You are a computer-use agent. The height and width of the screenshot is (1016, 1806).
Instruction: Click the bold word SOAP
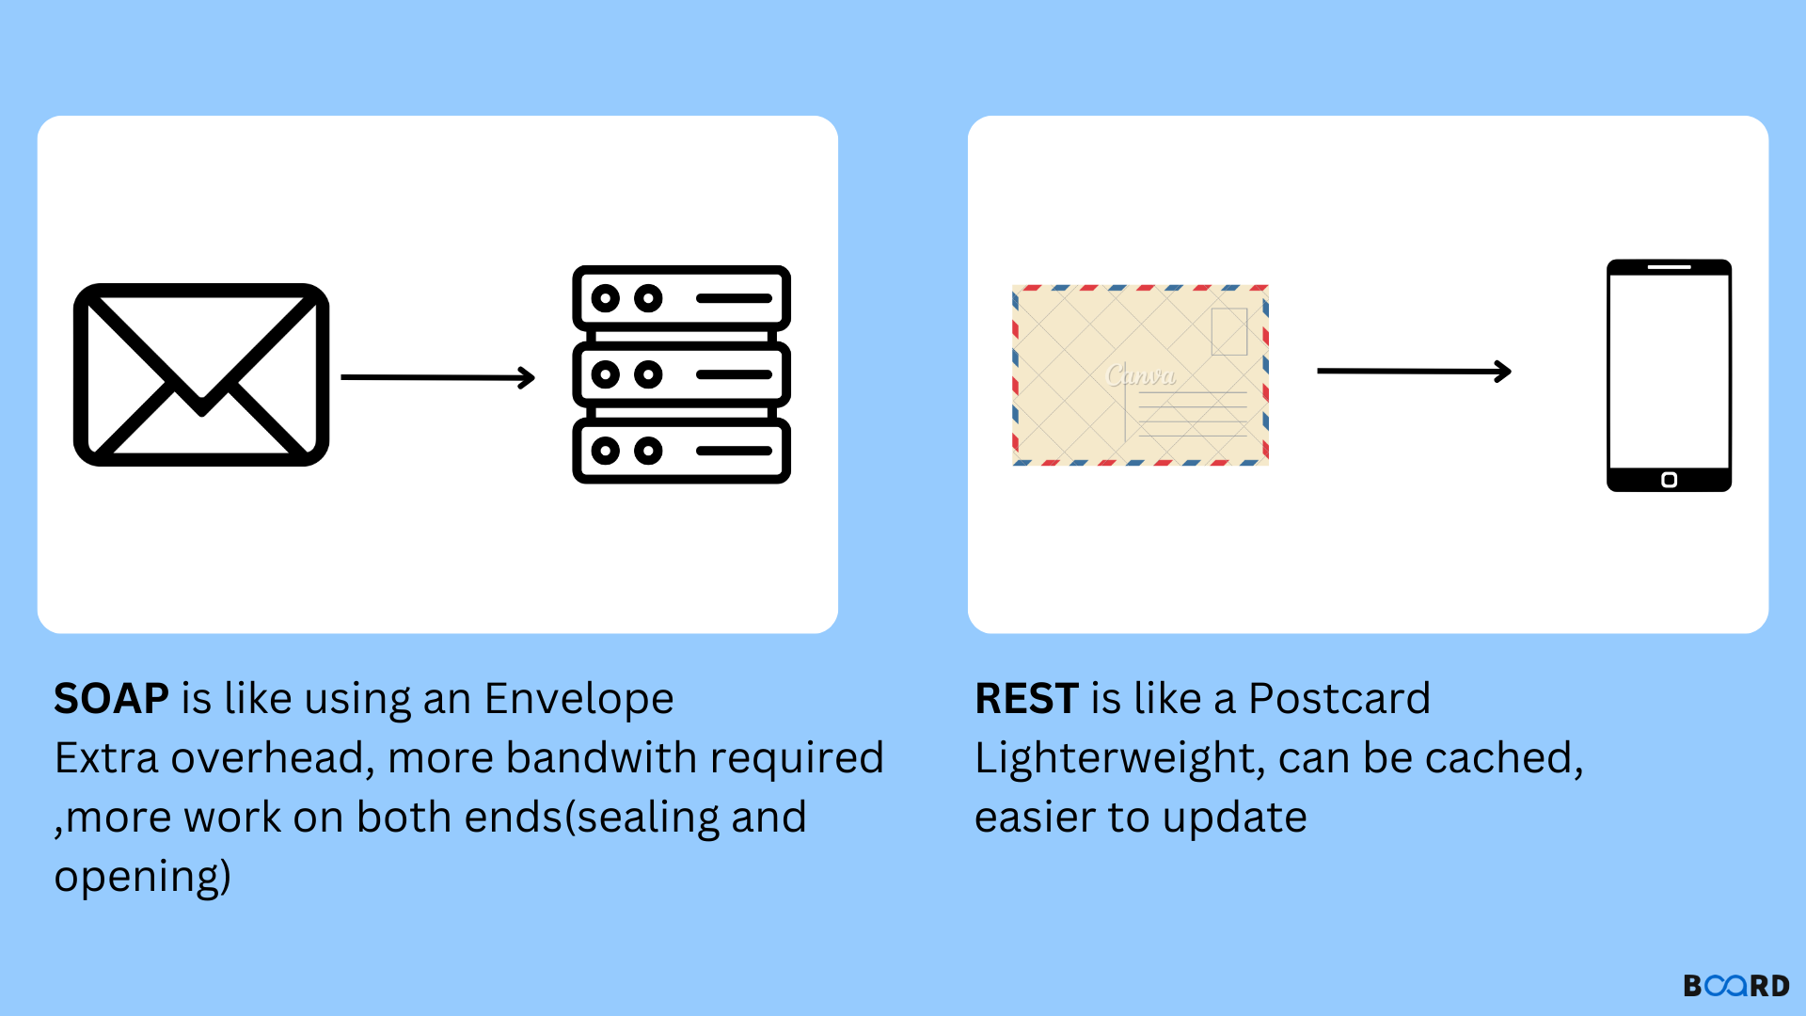pyautogui.click(x=111, y=699)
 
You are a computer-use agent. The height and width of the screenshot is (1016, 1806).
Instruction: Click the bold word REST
pyautogui.click(x=1026, y=699)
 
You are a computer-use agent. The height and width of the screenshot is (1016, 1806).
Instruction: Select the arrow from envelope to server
pyautogui.click(x=438, y=377)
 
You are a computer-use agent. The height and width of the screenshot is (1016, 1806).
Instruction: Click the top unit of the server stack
pyautogui.click(x=682, y=298)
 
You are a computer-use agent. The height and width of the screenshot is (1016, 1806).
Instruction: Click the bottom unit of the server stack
pyautogui.click(x=682, y=451)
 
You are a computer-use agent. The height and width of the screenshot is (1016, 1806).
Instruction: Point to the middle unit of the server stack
pyautogui.click(x=682, y=374)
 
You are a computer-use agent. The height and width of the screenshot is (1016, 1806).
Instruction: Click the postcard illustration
pyautogui.click(x=1140, y=374)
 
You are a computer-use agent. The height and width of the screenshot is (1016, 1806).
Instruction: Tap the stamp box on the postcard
pyautogui.click(x=1228, y=331)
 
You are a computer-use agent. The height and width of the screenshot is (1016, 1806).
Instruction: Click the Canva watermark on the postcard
pyautogui.click(x=1141, y=375)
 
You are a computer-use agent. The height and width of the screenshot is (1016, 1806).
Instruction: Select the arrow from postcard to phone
pyautogui.click(x=1415, y=372)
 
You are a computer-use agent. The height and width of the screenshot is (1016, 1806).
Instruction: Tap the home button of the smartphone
pyautogui.click(x=1670, y=480)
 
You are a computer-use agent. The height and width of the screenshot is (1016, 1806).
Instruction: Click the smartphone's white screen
pyautogui.click(x=1670, y=372)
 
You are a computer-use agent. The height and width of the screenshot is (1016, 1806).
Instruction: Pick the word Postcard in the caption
pyautogui.click(x=1339, y=699)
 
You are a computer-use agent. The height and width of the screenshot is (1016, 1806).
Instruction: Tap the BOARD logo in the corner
pyautogui.click(x=1736, y=985)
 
